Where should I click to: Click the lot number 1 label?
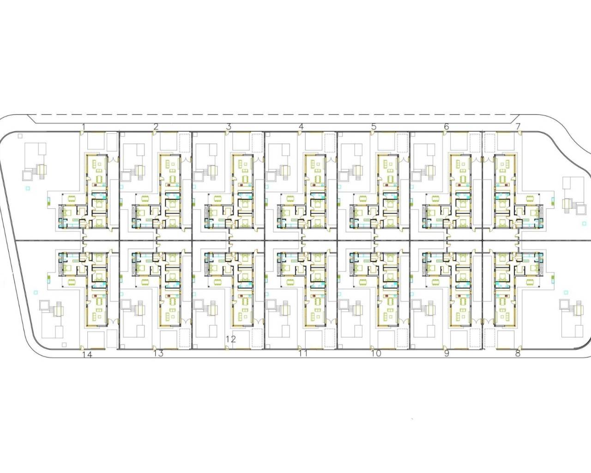(84, 127)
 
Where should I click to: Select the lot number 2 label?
(156, 127)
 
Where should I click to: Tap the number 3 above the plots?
(229, 127)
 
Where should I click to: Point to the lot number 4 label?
(301, 127)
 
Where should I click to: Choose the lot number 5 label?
(374, 127)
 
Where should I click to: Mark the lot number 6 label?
(446, 127)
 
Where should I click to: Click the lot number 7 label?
(518, 127)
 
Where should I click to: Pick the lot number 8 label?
(518, 353)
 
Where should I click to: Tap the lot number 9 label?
(446, 353)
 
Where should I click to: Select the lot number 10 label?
(376, 353)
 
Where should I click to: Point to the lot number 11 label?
(303, 353)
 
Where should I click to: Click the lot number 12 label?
(231, 340)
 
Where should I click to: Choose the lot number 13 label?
(159, 353)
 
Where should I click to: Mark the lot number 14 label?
(87, 355)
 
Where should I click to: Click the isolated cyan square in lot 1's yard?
(27, 188)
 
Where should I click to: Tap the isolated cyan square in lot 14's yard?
(35, 292)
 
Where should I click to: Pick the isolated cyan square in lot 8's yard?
(565, 292)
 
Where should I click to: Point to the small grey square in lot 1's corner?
(20, 136)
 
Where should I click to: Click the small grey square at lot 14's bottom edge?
(64, 345)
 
